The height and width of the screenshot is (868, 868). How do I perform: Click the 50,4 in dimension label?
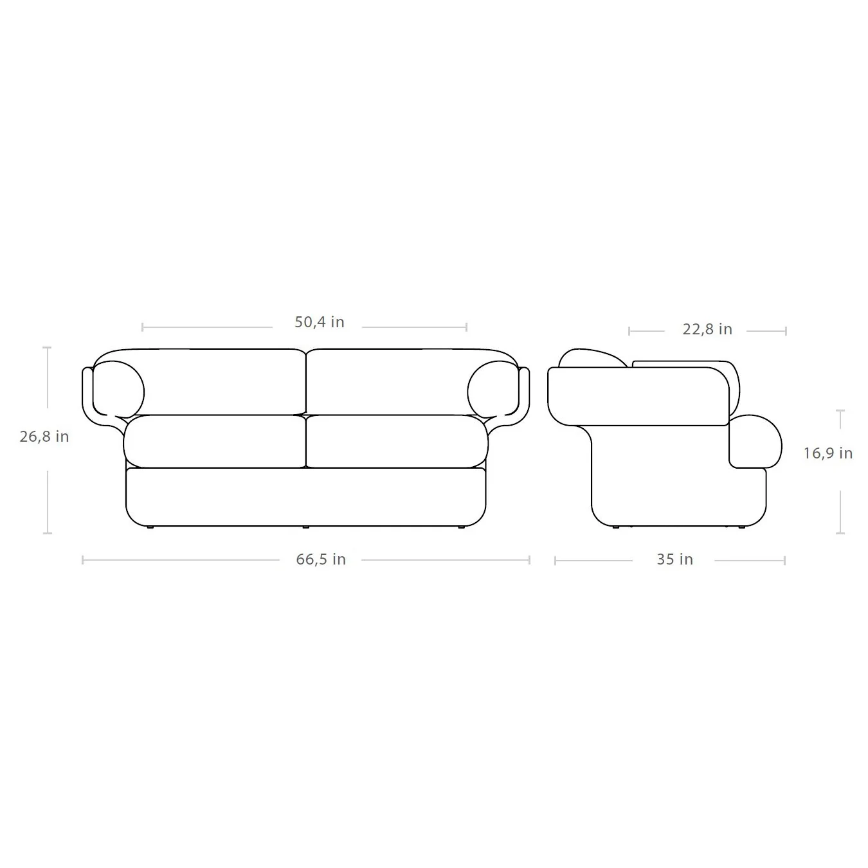320,322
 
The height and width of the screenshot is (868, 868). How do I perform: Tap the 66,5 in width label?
321,559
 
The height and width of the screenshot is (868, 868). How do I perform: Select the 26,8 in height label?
44,437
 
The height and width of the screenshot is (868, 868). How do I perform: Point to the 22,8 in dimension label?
707,329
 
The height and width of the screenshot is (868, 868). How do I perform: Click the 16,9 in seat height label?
828,453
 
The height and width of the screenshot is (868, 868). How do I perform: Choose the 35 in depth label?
674,559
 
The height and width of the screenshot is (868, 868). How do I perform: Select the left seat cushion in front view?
215,442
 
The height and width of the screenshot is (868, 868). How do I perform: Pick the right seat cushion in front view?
397,442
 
